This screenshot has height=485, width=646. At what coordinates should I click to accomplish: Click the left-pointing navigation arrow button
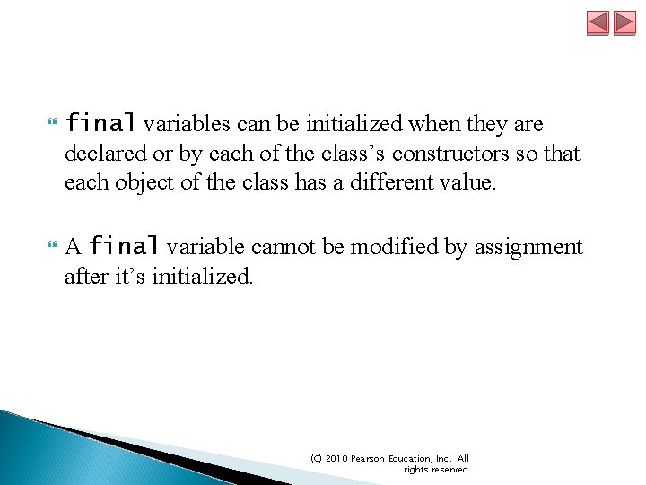[x=598, y=22]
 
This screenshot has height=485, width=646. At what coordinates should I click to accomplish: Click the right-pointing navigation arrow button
[x=624, y=22]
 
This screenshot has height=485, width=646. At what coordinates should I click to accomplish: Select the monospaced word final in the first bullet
[x=100, y=122]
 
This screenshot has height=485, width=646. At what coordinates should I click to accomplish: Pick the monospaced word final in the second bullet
[x=125, y=246]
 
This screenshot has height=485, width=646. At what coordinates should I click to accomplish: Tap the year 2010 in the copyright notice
[x=335, y=458]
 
